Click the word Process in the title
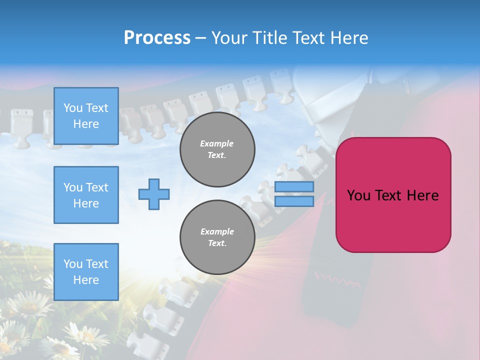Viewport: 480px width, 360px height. [x=157, y=38]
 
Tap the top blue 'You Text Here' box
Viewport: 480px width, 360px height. [x=86, y=116]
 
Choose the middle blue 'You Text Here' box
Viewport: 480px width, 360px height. [x=86, y=195]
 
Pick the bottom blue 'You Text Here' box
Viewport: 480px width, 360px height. [x=86, y=271]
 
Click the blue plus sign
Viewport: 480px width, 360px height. [x=154, y=194]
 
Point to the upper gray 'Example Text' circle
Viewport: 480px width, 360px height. [x=217, y=149]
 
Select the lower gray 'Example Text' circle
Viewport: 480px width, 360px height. [x=217, y=237]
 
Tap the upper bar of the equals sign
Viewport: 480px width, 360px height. [x=294, y=187]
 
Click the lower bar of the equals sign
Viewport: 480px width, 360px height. [x=294, y=201]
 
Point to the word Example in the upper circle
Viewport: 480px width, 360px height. [x=217, y=143]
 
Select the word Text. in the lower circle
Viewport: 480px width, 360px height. [x=217, y=243]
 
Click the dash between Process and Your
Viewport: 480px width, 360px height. [x=201, y=38]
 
